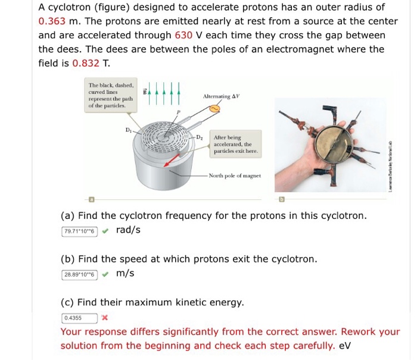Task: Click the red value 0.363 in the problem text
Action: tap(51, 21)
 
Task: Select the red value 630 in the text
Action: tap(183, 35)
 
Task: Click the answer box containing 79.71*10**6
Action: tap(80, 230)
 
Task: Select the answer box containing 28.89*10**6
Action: tap(80, 274)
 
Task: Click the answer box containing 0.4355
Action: tap(80, 318)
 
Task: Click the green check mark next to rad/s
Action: tap(105, 230)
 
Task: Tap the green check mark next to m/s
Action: tap(105, 274)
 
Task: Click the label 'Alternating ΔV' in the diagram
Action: tap(221, 96)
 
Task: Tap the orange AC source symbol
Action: tap(213, 109)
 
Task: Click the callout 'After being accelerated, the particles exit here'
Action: tap(235, 144)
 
